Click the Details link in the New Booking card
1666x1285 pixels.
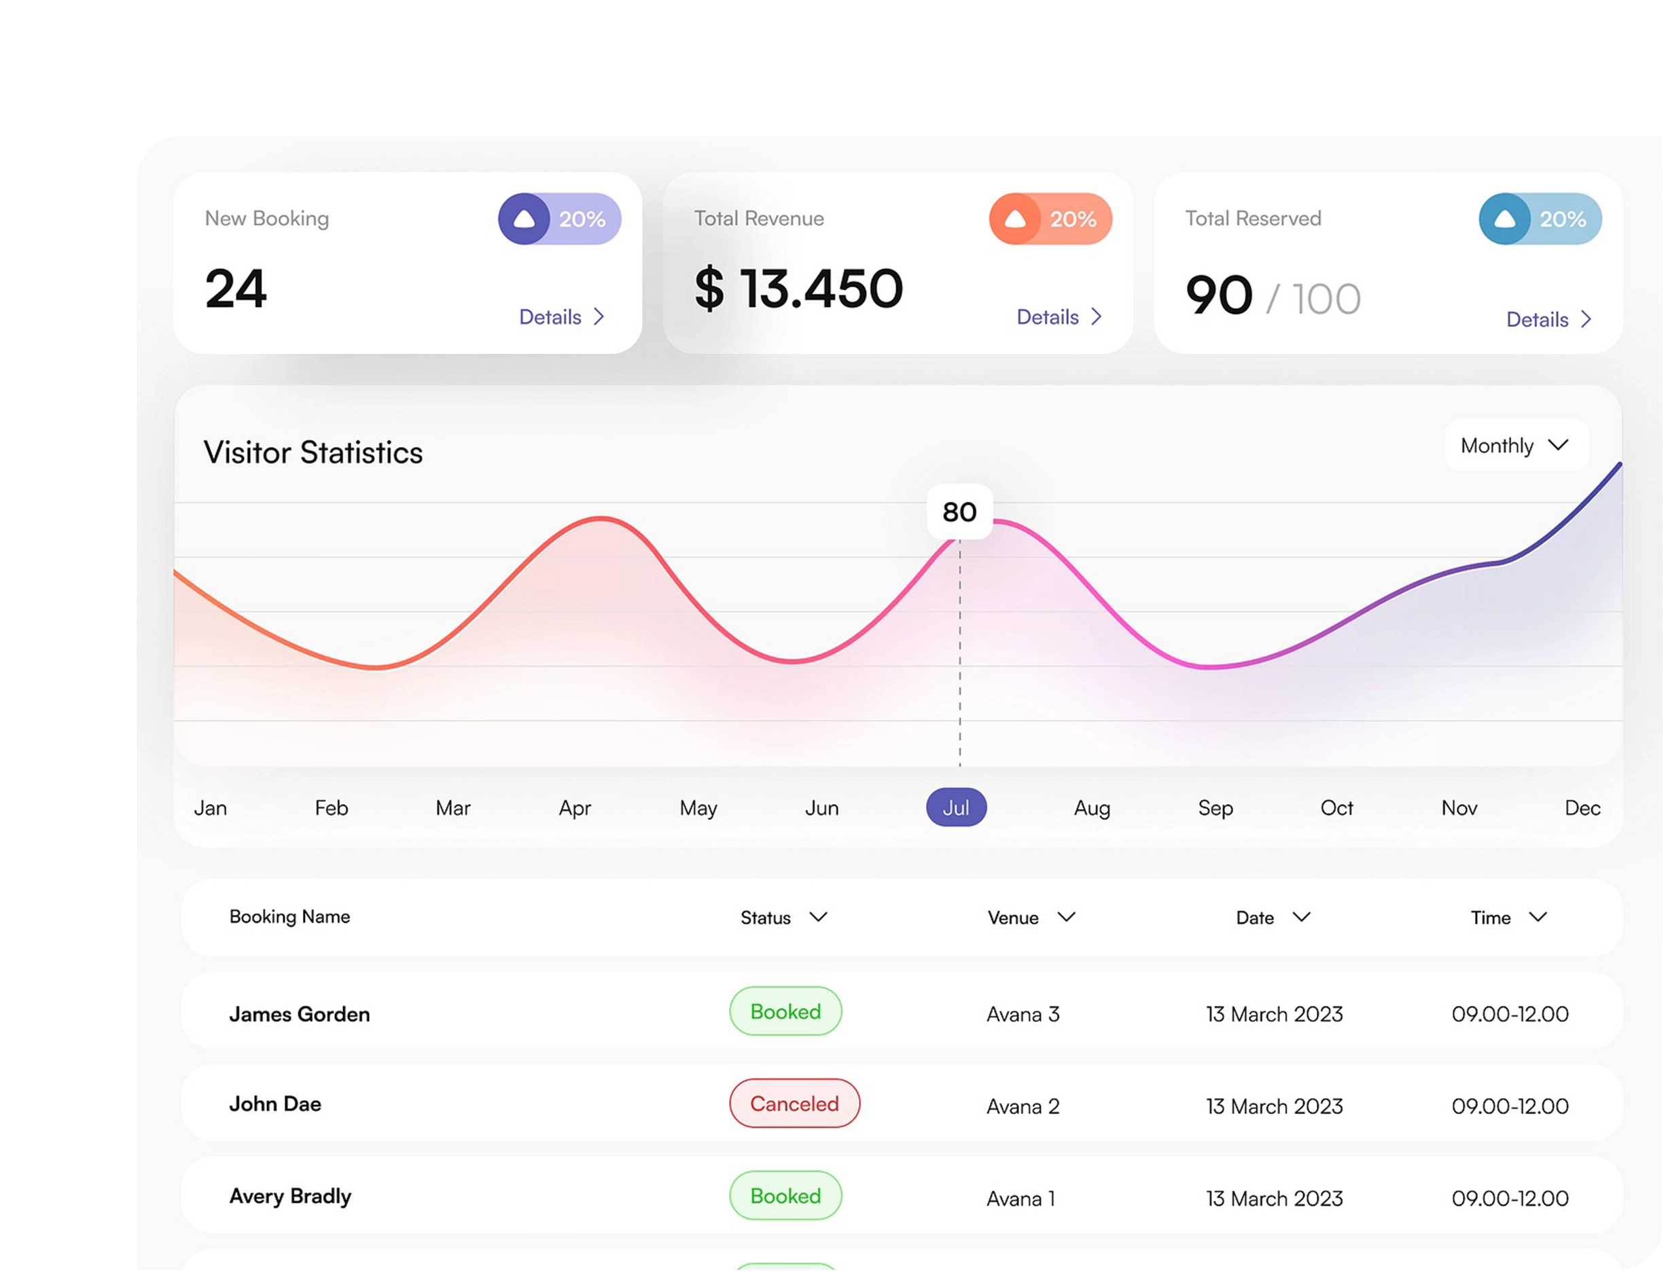pyautogui.click(x=561, y=317)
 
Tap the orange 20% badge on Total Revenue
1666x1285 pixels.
pyautogui.click(x=1050, y=219)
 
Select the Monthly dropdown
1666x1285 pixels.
pyautogui.click(x=1516, y=446)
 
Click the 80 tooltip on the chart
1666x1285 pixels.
pyautogui.click(x=959, y=511)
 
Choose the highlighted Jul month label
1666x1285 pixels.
pyautogui.click(x=956, y=808)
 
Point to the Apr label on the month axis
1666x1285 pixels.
pyautogui.click(x=574, y=808)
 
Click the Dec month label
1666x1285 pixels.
pyautogui.click(x=1582, y=808)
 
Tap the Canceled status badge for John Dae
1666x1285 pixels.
pyautogui.click(x=794, y=1104)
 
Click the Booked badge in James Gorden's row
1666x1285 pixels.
pyautogui.click(x=785, y=1011)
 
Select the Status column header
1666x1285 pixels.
pyautogui.click(x=783, y=918)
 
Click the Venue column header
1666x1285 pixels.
pyautogui.click(x=1031, y=918)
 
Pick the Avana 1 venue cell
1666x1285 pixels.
pyautogui.click(x=1021, y=1199)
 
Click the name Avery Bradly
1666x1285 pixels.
pyautogui.click(x=290, y=1196)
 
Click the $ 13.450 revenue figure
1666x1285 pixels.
pyautogui.click(x=798, y=289)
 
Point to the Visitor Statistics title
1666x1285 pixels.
pyautogui.click(x=313, y=452)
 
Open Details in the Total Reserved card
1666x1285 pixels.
pyautogui.click(x=1548, y=319)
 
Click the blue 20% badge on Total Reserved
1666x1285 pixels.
pyautogui.click(x=1540, y=219)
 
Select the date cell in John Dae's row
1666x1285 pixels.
pyautogui.click(x=1274, y=1106)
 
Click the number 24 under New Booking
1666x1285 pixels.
pyautogui.click(x=236, y=289)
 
